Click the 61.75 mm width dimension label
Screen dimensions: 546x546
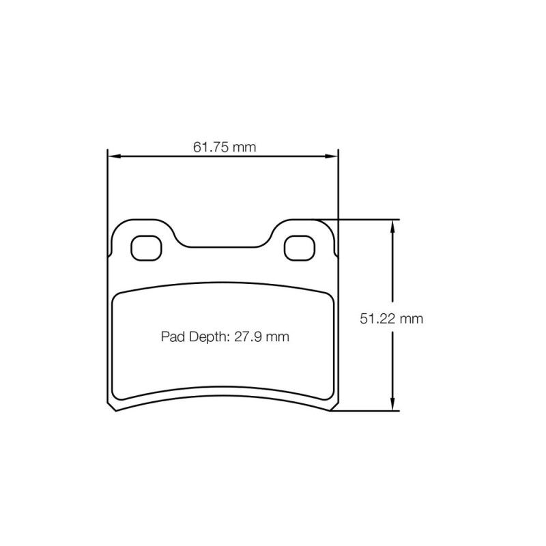[x=225, y=147]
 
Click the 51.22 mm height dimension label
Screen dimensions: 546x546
[x=391, y=319]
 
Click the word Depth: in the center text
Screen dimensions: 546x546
[x=210, y=337]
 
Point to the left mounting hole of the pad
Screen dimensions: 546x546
[x=147, y=248]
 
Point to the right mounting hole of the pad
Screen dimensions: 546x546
[x=300, y=248]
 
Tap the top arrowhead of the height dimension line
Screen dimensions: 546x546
[x=392, y=227]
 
